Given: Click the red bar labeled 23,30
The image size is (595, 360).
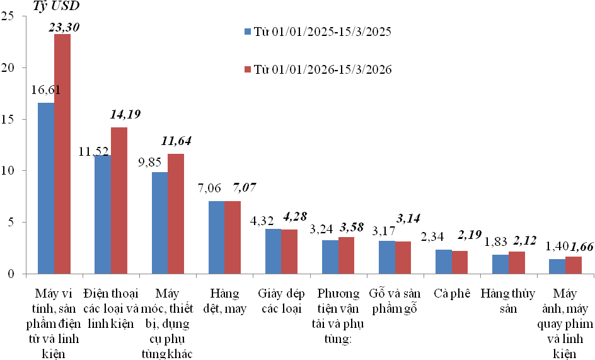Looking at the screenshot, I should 62,154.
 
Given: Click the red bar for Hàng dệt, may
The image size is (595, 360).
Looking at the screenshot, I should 233,237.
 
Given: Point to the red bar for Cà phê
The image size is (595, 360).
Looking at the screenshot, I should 460,262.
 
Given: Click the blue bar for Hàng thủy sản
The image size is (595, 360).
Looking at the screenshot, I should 501,264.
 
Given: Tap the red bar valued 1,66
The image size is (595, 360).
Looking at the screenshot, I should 574,265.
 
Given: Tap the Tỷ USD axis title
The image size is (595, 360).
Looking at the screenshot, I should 56,7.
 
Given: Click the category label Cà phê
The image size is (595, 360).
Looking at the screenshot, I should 452,294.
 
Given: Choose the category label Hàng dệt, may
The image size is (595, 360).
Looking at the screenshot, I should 224,301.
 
